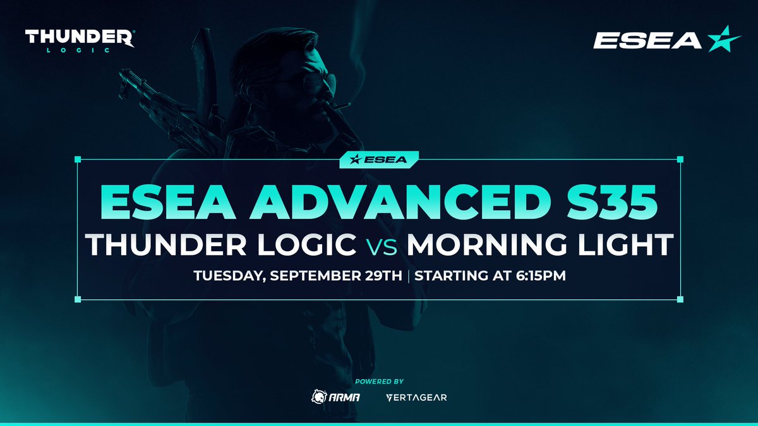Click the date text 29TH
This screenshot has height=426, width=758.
coord(380,276)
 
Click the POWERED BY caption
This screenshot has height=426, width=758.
coord(379,381)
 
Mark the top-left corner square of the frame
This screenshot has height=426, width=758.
coord(78,158)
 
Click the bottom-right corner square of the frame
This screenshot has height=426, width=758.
coord(680,299)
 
